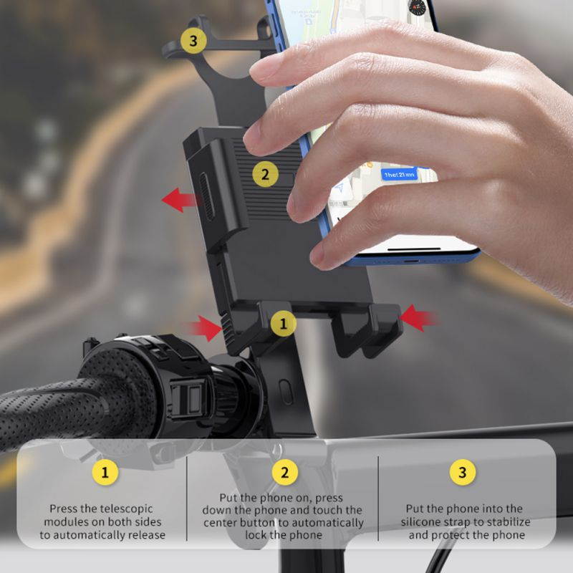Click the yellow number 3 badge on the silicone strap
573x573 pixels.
point(193,40)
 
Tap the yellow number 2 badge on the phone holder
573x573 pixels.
point(265,173)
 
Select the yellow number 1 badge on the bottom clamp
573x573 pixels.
point(284,324)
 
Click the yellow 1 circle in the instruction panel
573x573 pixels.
point(105,472)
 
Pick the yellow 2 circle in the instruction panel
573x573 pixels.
point(284,472)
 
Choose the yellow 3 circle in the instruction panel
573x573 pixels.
point(463,472)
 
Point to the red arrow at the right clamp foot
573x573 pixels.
point(418,317)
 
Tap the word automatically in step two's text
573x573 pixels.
point(329,523)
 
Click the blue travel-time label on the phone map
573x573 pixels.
point(399,174)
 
